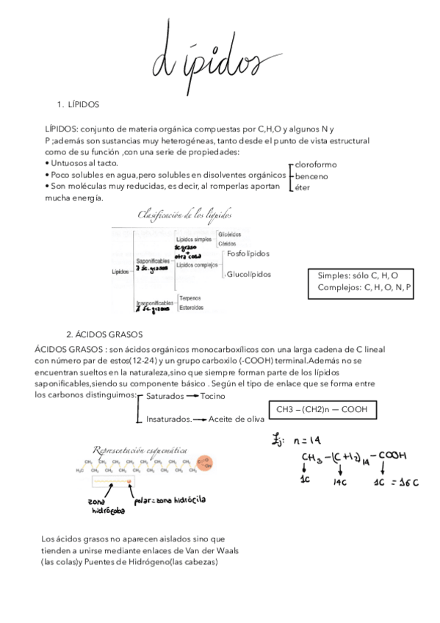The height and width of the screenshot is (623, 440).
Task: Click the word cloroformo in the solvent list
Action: tap(316, 165)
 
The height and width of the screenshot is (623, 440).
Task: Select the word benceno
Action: tap(311, 176)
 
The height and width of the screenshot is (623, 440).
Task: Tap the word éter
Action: tap(303, 188)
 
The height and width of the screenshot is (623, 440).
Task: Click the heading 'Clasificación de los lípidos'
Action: tap(184, 215)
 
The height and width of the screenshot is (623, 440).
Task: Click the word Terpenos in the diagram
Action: tap(191, 298)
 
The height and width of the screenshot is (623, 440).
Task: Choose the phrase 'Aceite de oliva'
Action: tap(234, 419)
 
